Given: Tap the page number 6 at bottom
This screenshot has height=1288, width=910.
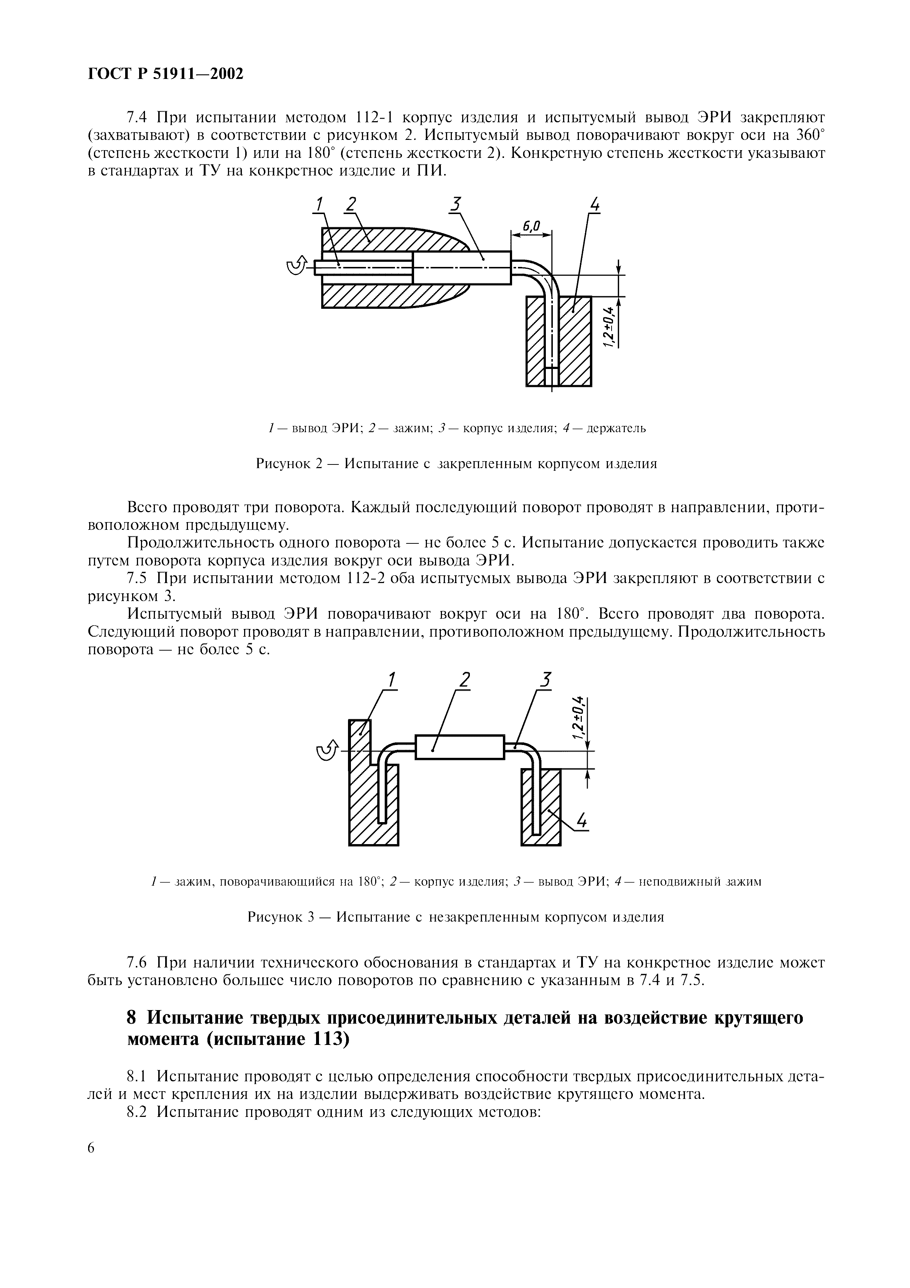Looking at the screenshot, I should tap(93, 1147).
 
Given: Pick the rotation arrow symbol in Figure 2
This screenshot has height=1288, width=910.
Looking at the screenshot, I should tap(297, 266).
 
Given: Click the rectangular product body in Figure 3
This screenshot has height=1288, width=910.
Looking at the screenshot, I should tap(460, 747).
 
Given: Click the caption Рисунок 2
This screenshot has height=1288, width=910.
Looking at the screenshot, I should tap(456, 464).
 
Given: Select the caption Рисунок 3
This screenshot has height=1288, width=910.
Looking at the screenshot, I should tap(455, 917).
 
